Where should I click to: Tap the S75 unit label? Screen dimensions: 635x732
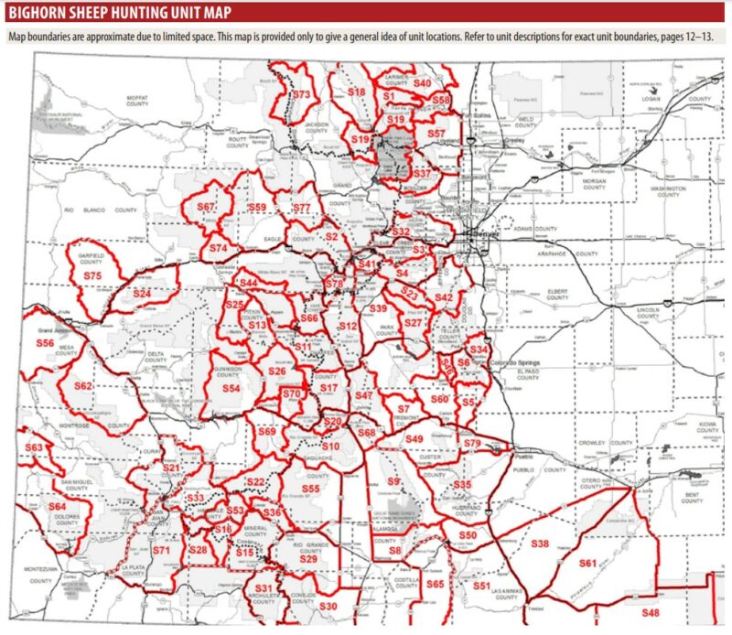click(x=92, y=275)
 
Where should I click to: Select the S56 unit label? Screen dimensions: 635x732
click(x=45, y=341)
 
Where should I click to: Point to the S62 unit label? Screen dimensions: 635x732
click(x=84, y=386)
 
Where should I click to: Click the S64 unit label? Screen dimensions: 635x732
click(x=58, y=507)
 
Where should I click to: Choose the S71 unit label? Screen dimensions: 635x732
click(x=162, y=551)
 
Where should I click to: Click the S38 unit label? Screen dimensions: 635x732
click(x=540, y=544)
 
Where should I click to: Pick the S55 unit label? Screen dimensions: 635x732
click(x=311, y=490)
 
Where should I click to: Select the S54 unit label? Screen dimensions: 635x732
click(x=231, y=389)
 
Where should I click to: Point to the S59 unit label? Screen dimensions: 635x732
click(x=257, y=208)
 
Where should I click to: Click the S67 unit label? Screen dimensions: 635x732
click(x=206, y=208)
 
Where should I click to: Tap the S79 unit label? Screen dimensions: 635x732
click(x=472, y=444)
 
